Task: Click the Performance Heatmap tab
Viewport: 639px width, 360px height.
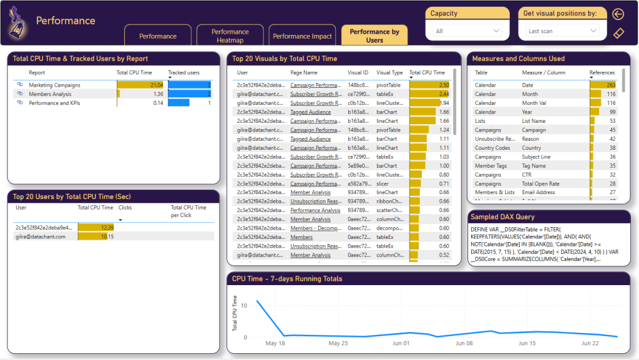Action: click(x=230, y=36)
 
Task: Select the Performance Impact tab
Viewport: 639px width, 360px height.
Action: click(x=302, y=36)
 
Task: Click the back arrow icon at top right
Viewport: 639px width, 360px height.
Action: click(x=618, y=14)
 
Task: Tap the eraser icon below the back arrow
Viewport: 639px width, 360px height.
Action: click(x=618, y=33)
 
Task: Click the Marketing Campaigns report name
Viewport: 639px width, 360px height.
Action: click(x=54, y=85)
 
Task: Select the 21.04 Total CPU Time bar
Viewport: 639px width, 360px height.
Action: click(x=140, y=85)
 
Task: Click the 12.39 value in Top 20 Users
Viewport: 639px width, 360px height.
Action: click(x=105, y=228)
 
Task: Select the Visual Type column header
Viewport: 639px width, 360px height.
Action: click(x=389, y=73)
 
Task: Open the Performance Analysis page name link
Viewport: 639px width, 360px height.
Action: click(x=315, y=210)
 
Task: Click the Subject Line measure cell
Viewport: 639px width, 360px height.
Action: click(x=536, y=157)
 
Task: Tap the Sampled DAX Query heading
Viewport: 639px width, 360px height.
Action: click(x=504, y=216)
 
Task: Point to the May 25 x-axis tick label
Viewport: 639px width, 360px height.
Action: click(x=338, y=343)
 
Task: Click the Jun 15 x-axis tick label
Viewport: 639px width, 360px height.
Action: click(x=527, y=343)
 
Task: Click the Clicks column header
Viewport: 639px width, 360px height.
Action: click(x=125, y=208)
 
